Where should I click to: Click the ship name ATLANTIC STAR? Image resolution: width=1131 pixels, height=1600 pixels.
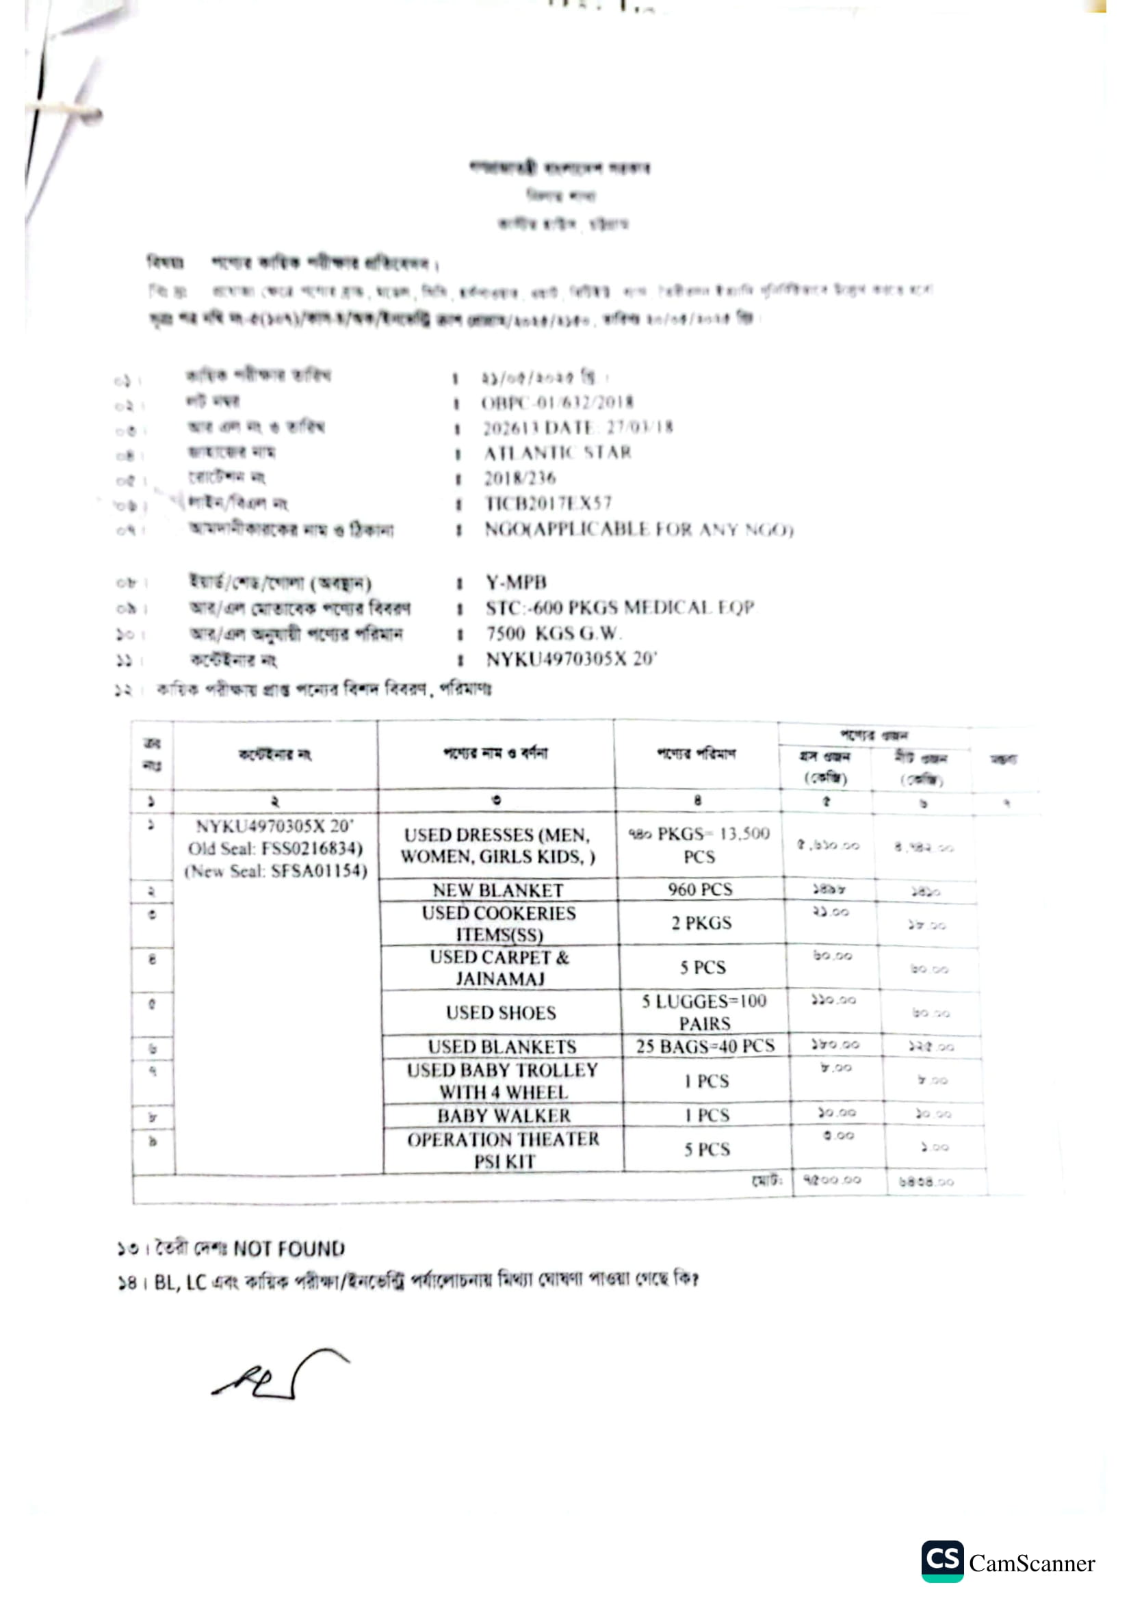click(x=558, y=453)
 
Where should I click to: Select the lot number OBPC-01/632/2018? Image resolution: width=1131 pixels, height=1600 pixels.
click(x=557, y=402)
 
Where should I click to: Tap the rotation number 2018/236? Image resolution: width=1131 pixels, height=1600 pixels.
click(x=520, y=478)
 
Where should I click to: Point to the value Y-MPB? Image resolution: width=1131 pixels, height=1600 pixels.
click(x=516, y=582)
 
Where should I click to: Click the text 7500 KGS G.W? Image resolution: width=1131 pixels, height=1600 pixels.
click(x=553, y=633)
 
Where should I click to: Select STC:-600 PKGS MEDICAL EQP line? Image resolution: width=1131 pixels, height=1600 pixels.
click(x=619, y=607)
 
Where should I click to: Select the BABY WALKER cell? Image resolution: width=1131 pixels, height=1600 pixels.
click(x=503, y=1116)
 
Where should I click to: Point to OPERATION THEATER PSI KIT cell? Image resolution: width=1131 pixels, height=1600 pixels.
click(x=503, y=1150)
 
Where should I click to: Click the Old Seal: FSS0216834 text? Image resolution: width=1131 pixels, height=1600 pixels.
click(x=275, y=849)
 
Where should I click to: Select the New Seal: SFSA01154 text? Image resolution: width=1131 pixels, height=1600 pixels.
click(x=276, y=871)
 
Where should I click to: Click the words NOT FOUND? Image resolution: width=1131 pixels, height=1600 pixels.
click(x=289, y=1248)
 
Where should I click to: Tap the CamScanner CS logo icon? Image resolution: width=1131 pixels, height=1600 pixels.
click(x=942, y=1560)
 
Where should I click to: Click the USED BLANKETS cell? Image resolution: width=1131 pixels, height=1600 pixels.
click(x=502, y=1047)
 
